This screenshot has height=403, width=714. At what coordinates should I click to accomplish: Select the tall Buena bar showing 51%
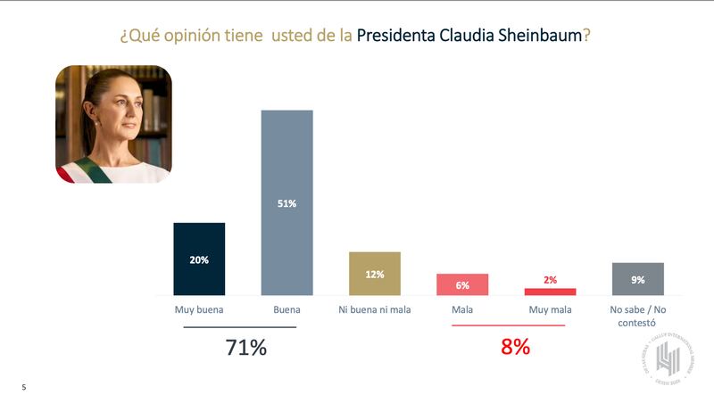click(x=286, y=202)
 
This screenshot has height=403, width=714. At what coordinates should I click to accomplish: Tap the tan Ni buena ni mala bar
click(x=374, y=274)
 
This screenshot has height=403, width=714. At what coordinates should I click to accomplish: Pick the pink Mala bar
click(x=462, y=284)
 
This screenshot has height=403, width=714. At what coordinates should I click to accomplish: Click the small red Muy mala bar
click(x=550, y=292)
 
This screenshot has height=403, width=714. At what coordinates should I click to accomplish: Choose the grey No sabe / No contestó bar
click(x=637, y=279)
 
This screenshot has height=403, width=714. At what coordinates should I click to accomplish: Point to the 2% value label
click(x=550, y=280)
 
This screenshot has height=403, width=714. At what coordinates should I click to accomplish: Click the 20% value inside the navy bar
click(x=199, y=260)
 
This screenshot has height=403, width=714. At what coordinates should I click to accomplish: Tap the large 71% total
click(x=245, y=348)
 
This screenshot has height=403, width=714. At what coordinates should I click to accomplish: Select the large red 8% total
click(x=515, y=348)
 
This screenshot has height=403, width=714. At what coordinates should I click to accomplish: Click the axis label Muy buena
click(x=198, y=310)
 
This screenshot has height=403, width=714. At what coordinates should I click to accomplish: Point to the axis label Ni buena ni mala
click(x=374, y=310)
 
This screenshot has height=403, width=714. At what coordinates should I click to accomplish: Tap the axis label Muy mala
click(x=550, y=310)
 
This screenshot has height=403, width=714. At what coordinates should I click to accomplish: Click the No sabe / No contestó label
click(x=637, y=316)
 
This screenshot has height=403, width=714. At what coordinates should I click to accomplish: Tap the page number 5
click(x=24, y=388)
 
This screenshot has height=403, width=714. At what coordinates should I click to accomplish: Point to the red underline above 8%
click(x=509, y=326)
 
